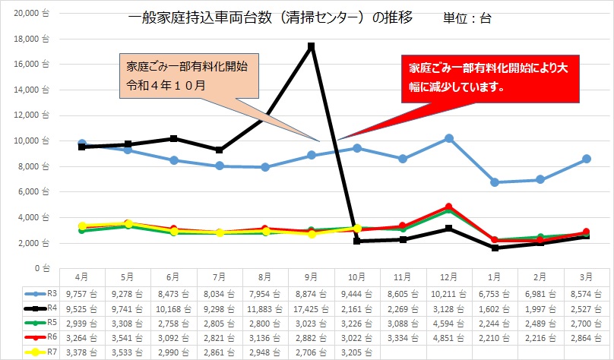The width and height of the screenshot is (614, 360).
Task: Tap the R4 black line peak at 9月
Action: [312, 46]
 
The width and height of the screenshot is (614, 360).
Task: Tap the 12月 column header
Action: [449, 277]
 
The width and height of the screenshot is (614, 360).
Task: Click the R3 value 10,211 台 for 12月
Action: [449, 292]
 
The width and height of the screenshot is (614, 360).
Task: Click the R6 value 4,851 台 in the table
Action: [449, 336]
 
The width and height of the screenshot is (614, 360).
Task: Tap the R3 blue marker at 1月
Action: [495, 182]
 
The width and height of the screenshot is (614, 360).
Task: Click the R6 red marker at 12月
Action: [449, 207]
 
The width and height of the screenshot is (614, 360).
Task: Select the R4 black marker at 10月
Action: [357, 241]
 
